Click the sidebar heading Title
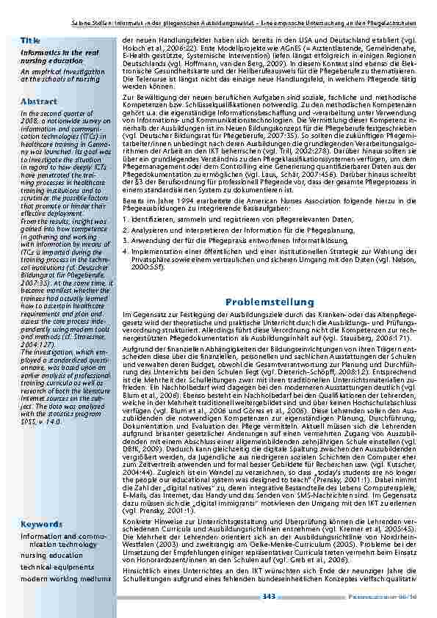click(x=30, y=39)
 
